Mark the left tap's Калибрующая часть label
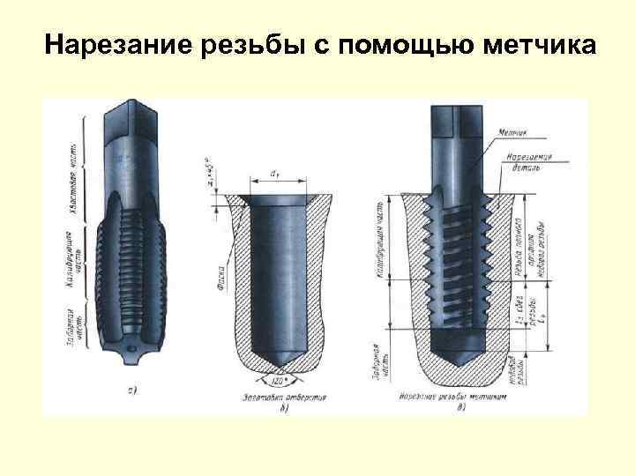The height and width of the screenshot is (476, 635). pyautogui.click(x=85, y=256)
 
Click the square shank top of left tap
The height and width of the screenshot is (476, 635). pyautogui.click(x=130, y=115)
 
